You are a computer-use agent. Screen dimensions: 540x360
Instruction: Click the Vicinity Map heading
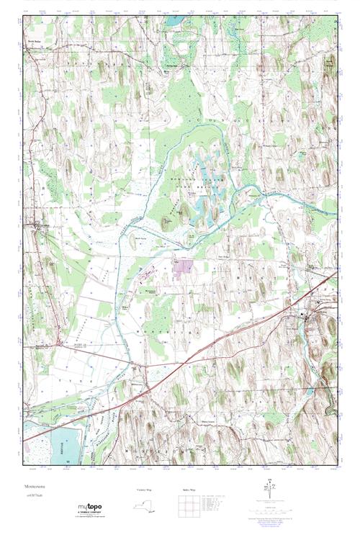(x=145, y=490)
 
